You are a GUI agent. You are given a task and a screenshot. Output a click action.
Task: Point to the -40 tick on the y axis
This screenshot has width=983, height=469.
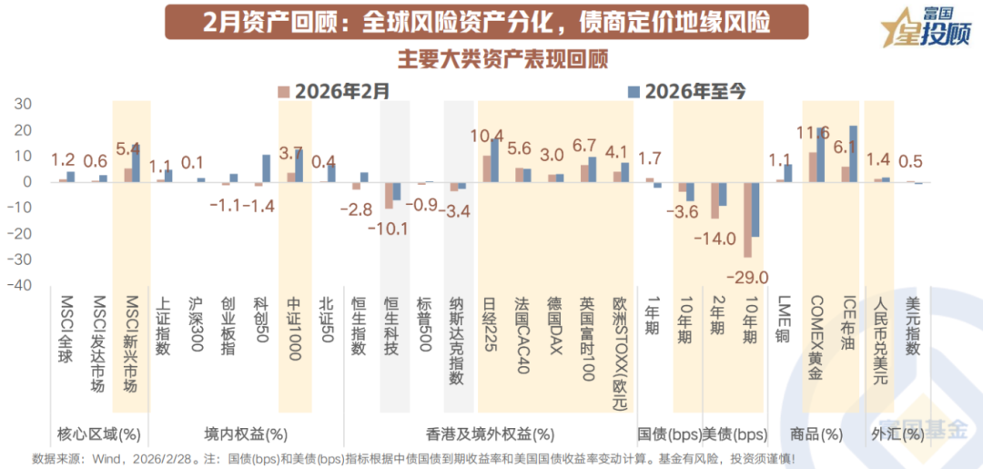click(19, 286)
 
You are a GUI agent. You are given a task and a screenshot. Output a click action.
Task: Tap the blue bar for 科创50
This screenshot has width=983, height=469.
click(267, 168)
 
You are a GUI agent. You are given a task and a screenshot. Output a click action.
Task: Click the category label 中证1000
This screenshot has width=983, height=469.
click(294, 329)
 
